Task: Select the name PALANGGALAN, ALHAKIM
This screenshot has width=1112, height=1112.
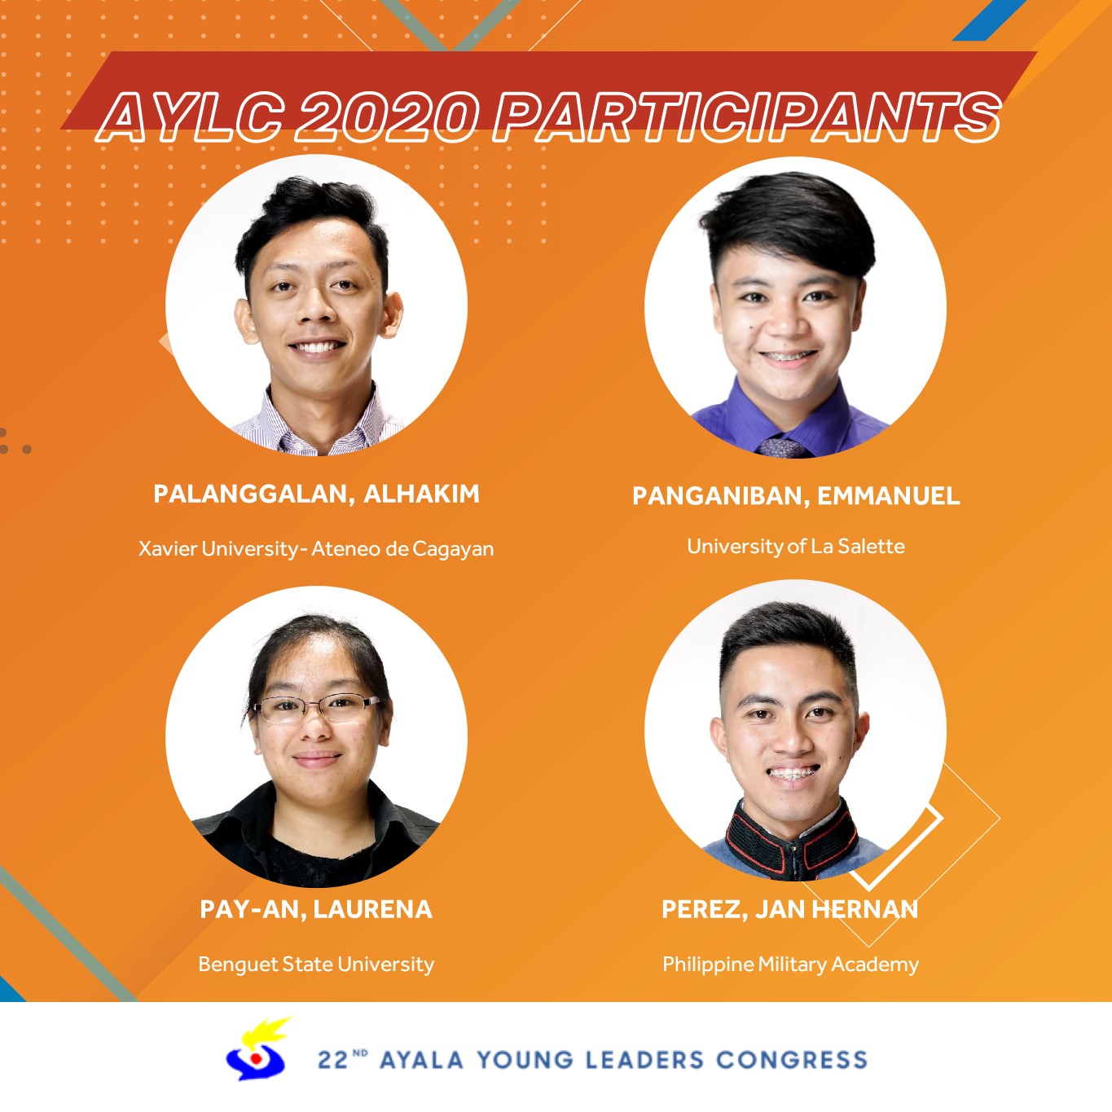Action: (x=316, y=494)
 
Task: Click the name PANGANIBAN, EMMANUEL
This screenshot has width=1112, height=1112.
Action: (x=796, y=496)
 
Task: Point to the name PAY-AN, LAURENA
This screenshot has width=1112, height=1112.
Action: (x=316, y=909)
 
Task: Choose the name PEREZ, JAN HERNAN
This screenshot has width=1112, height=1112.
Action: (x=790, y=909)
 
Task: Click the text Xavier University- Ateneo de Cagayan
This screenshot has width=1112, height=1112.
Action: (x=316, y=548)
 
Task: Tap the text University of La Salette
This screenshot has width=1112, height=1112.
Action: (x=796, y=546)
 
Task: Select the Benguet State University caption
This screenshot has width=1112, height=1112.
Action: (x=316, y=965)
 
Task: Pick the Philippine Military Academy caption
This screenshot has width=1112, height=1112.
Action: (x=790, y=965)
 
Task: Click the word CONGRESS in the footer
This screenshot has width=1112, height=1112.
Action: (x=793, y=1060)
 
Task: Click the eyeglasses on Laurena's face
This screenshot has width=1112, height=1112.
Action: (x=316, y=708)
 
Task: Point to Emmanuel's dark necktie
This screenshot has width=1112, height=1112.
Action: (x=782, y=447)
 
